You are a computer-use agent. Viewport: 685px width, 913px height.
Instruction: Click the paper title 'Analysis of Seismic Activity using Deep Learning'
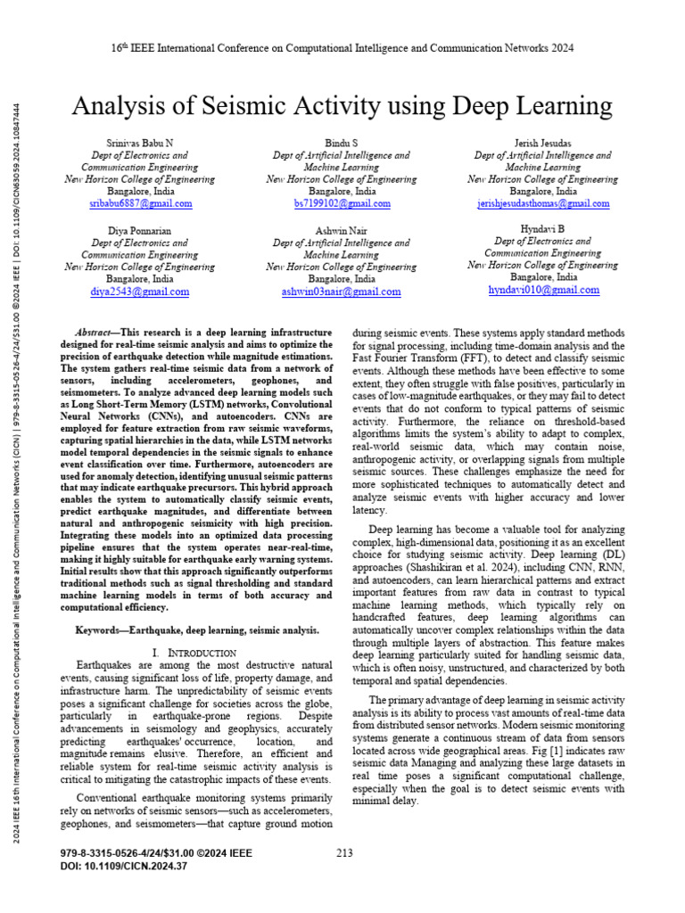tap(342, 107)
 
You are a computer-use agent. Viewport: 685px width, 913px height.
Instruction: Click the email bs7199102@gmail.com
tap(342, 204)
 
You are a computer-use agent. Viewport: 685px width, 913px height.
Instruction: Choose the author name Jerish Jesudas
tap(542, 143)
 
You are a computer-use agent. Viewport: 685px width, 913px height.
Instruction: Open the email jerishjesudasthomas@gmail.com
tap(542, 204)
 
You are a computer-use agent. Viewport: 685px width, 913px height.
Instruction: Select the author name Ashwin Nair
tap(342, 230)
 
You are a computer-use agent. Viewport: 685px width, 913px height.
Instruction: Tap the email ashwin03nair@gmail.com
tap(342, 292)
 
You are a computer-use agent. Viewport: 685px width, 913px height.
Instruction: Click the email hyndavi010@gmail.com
tap(542, 290)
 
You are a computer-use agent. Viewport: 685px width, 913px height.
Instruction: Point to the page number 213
tap(345, 852)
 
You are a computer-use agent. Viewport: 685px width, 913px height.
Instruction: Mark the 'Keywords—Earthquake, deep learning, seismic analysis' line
tap(197, 630)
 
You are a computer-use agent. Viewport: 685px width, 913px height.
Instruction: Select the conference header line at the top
tap(342, 48)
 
